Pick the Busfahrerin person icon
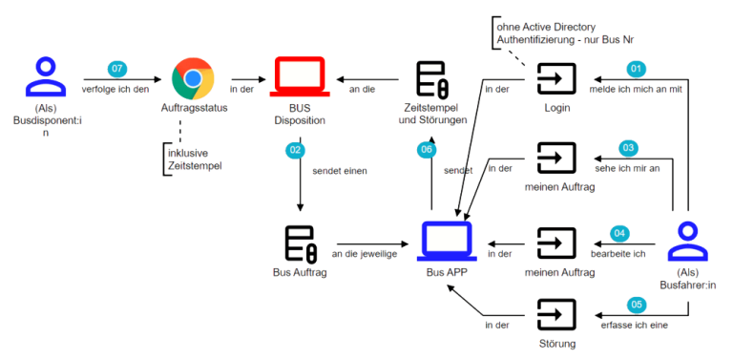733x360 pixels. tap(689, 239)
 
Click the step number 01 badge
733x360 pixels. tap(636, 69)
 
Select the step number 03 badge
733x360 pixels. tap(627, 148)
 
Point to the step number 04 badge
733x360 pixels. tap(620, 232)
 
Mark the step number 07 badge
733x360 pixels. tap(117, 69)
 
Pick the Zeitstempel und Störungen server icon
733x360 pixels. tap(432, 79)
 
